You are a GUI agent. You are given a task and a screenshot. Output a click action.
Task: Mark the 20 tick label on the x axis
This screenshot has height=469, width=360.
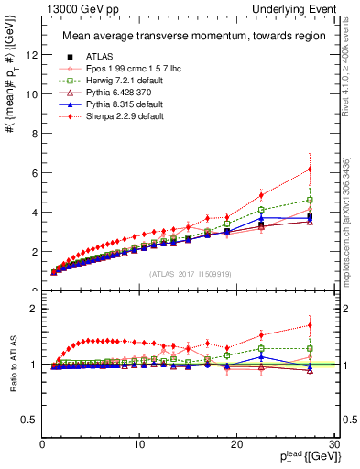pyautogui.click(x=235, y=444)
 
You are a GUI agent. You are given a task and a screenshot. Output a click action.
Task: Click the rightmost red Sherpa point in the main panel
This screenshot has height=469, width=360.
pyautogui.click(x=310, y=169)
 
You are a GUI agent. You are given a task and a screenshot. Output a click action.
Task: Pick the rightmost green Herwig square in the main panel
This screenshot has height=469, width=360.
pyautogui.click(x=310, y=200)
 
